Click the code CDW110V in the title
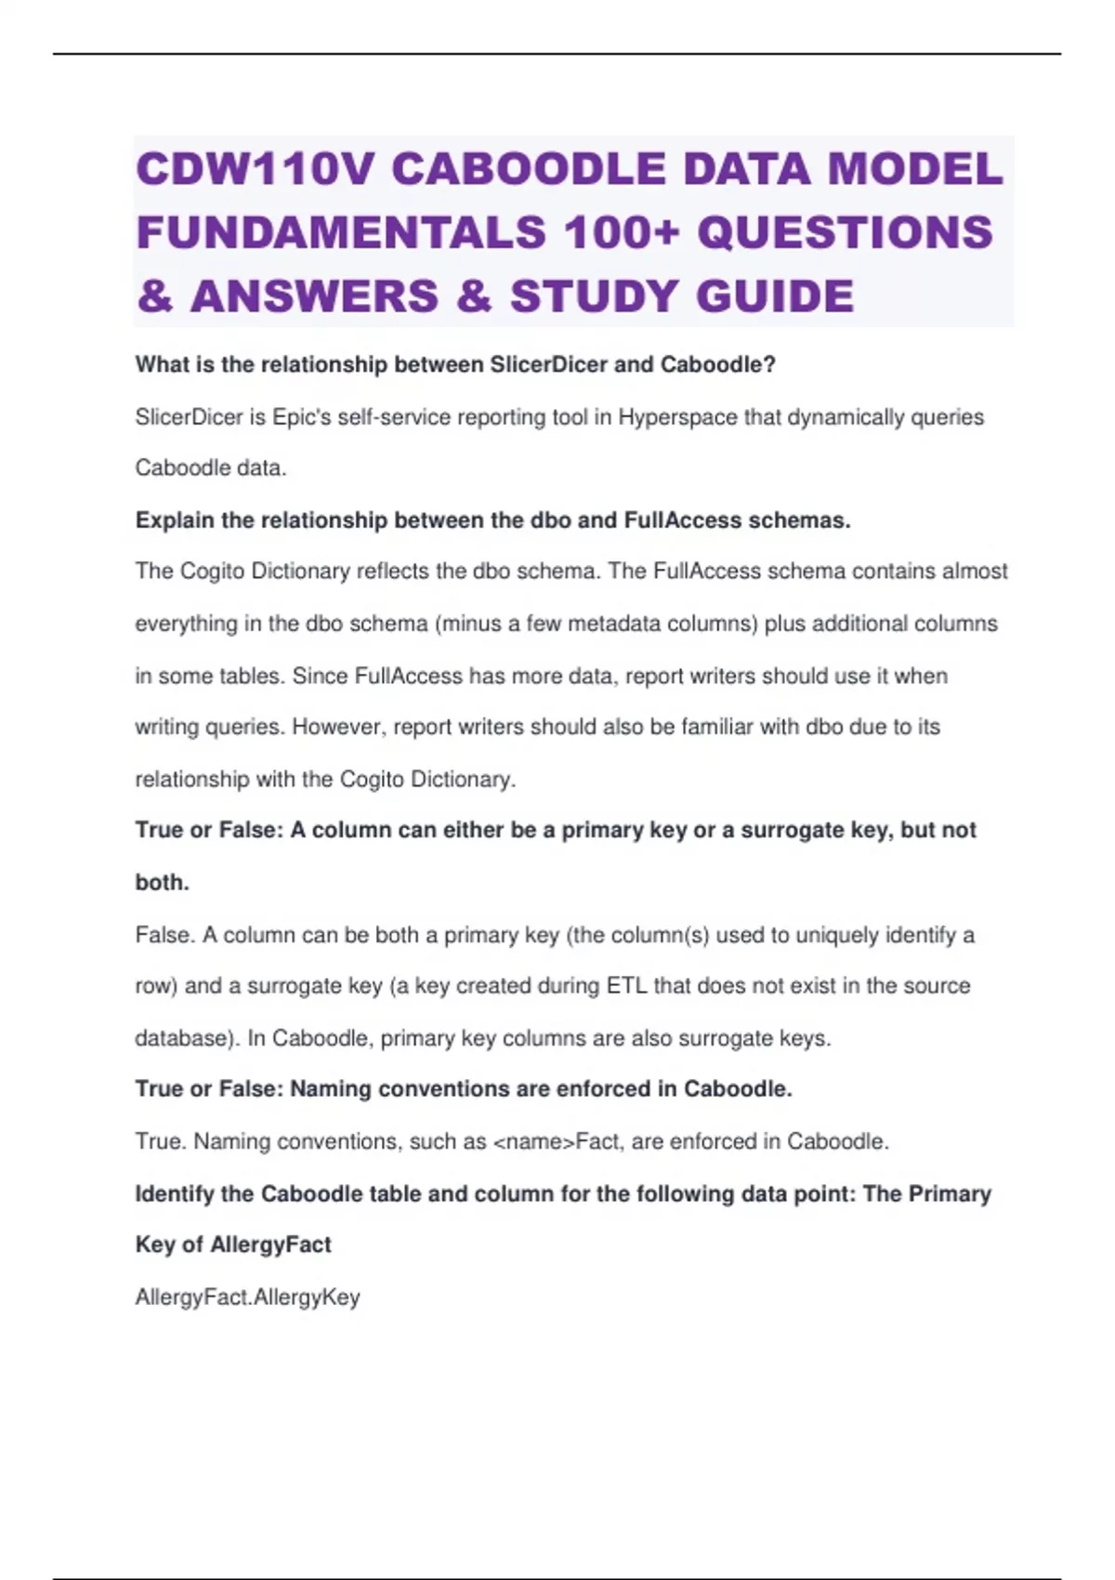coord(256,170)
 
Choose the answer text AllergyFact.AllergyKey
coord(247,1297)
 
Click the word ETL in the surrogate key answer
coord(626,985)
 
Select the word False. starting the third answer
coord(164,934)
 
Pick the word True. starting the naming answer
coord(161,1141)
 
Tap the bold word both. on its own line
coord(162,882)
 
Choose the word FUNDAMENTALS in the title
coord(341,232)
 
